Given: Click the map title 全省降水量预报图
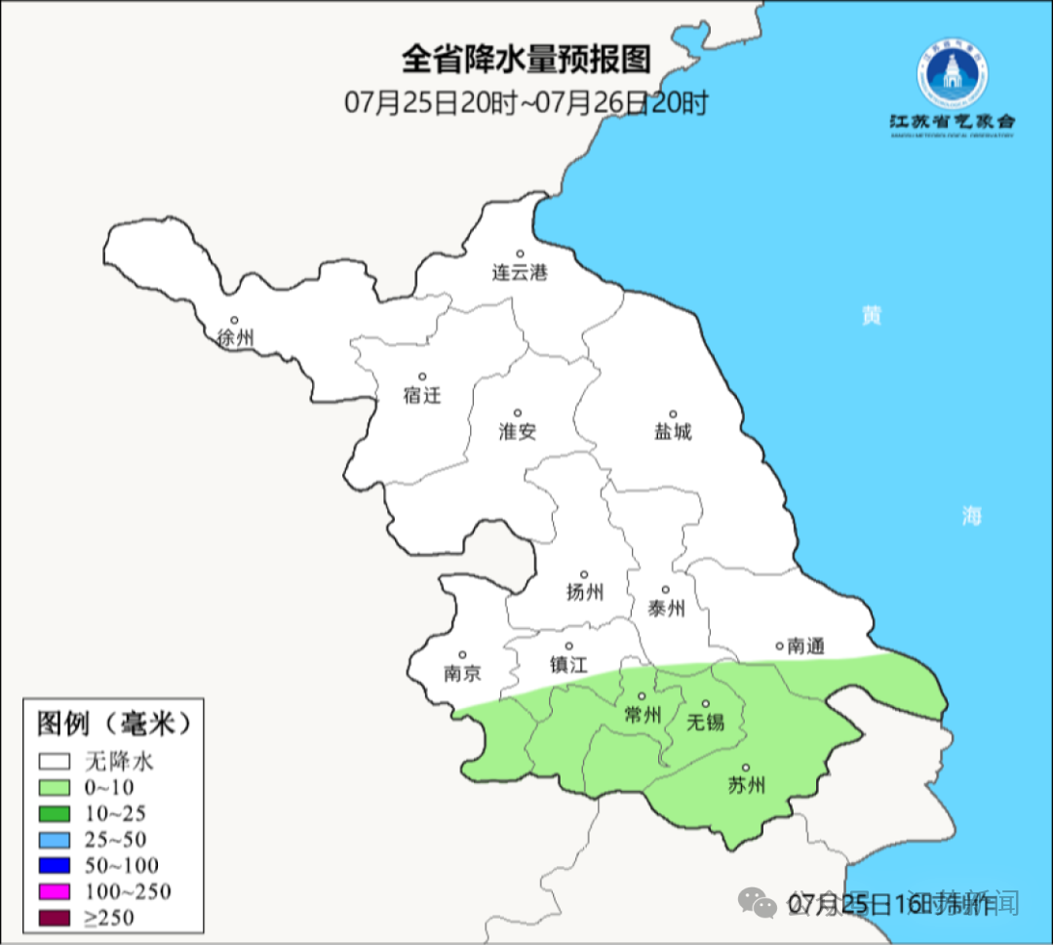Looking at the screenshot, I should [x=526, y=59].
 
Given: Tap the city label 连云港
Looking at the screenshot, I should [x=520, y=273].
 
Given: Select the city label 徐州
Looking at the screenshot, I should [x=236, y=338].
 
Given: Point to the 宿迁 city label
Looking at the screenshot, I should [x=422, y=395].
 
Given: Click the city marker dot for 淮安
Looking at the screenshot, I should [x=518, y=413].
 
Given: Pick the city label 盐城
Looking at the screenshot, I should [x=673, y=431].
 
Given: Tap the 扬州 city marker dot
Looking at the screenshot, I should [x=584, y=574].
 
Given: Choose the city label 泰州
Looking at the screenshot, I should [x=666, y=609].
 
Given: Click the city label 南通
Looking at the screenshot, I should [x=806, y=646].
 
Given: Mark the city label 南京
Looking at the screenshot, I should [x=462, y=673].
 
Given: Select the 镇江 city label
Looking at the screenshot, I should [x=568, y=664].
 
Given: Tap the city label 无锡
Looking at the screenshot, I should [x=706, y=722].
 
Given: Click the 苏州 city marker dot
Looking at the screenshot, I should [x=746, y=768].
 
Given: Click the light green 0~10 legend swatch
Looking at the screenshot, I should [x=55, y=788].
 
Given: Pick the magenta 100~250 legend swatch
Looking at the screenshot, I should [x=55, y=891].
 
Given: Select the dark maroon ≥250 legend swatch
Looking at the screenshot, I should [x=55, y=917].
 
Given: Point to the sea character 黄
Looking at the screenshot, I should [x=872, y=316].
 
